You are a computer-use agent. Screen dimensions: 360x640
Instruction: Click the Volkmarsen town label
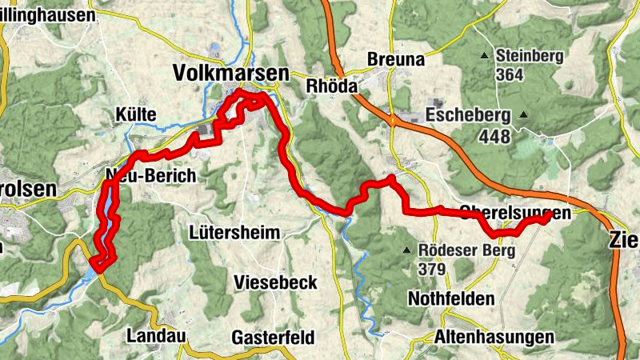click(230, 74)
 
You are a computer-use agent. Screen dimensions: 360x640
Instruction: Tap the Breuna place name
click(394, 59)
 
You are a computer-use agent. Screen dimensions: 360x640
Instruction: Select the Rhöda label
click(330, 85)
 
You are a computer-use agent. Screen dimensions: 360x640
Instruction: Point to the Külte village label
click(135, 115)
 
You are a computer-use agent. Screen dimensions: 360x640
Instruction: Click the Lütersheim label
click(235, 234)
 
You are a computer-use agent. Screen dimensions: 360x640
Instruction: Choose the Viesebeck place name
click(276, 282)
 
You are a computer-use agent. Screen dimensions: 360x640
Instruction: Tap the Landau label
click(151, 336)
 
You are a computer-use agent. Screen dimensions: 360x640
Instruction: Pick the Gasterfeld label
click(274, 337)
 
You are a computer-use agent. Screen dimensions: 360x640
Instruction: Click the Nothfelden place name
click(451, 298)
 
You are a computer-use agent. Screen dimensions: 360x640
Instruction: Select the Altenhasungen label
click(485, 337)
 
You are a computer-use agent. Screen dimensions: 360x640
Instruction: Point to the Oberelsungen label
click(515, 214)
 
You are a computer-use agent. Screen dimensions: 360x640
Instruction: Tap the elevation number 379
click(431, 269)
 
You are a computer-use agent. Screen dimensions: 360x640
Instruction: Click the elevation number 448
click(494, 137)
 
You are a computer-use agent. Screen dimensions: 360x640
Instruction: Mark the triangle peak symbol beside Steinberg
click(484, 56)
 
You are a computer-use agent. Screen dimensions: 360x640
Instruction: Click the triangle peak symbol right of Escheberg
click(523, 114)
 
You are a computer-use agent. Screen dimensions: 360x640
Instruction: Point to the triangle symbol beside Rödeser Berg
click(408, 250)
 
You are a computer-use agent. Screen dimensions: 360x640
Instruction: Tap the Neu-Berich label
click(150, 177)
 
